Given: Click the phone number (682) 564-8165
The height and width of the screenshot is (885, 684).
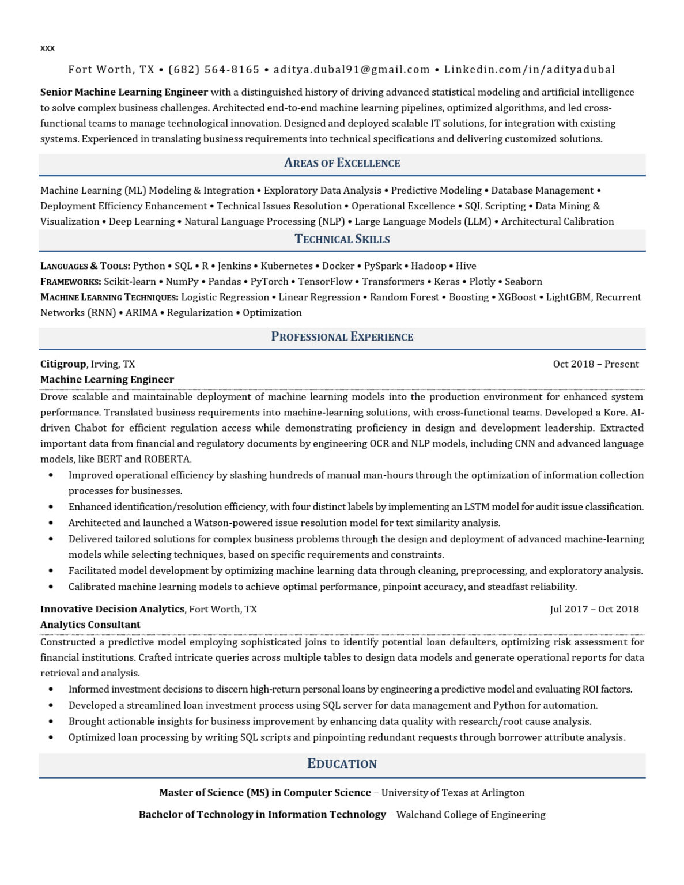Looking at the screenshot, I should (x=214, y=70).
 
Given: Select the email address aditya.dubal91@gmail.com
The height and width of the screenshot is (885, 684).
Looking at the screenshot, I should (x=352, y=70).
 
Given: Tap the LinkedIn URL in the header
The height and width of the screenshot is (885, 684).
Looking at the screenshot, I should (x=529, y=70).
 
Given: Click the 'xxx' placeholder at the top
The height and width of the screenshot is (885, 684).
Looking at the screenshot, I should (x=47, y=48).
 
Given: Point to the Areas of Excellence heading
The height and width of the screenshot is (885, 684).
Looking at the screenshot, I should (x=342, y=163).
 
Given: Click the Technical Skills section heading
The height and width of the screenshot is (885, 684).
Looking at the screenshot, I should (x=342, y=239).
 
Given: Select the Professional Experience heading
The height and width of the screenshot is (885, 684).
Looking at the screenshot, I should (x=342, y=337).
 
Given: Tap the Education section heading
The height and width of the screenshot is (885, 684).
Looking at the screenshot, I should (x=342, y=764).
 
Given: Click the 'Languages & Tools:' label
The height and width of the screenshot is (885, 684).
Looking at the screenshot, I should (x=85, y=266).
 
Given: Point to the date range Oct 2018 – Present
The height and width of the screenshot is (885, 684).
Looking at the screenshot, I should (x=595, y=364).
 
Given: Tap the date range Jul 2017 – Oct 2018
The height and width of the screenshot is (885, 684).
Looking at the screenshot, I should (x=594, y=610).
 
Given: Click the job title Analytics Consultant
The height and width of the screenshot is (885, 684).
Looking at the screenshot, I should (x=90, y=625).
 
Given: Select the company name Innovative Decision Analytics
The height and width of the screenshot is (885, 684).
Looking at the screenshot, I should (x=112, y=610).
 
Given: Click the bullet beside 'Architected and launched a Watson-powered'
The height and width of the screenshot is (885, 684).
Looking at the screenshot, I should (x=51, y=523).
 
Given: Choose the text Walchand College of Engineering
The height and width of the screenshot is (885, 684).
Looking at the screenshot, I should (x=471, y=815).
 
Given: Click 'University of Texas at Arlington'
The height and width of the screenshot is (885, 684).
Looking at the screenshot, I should (x=453, y=793).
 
